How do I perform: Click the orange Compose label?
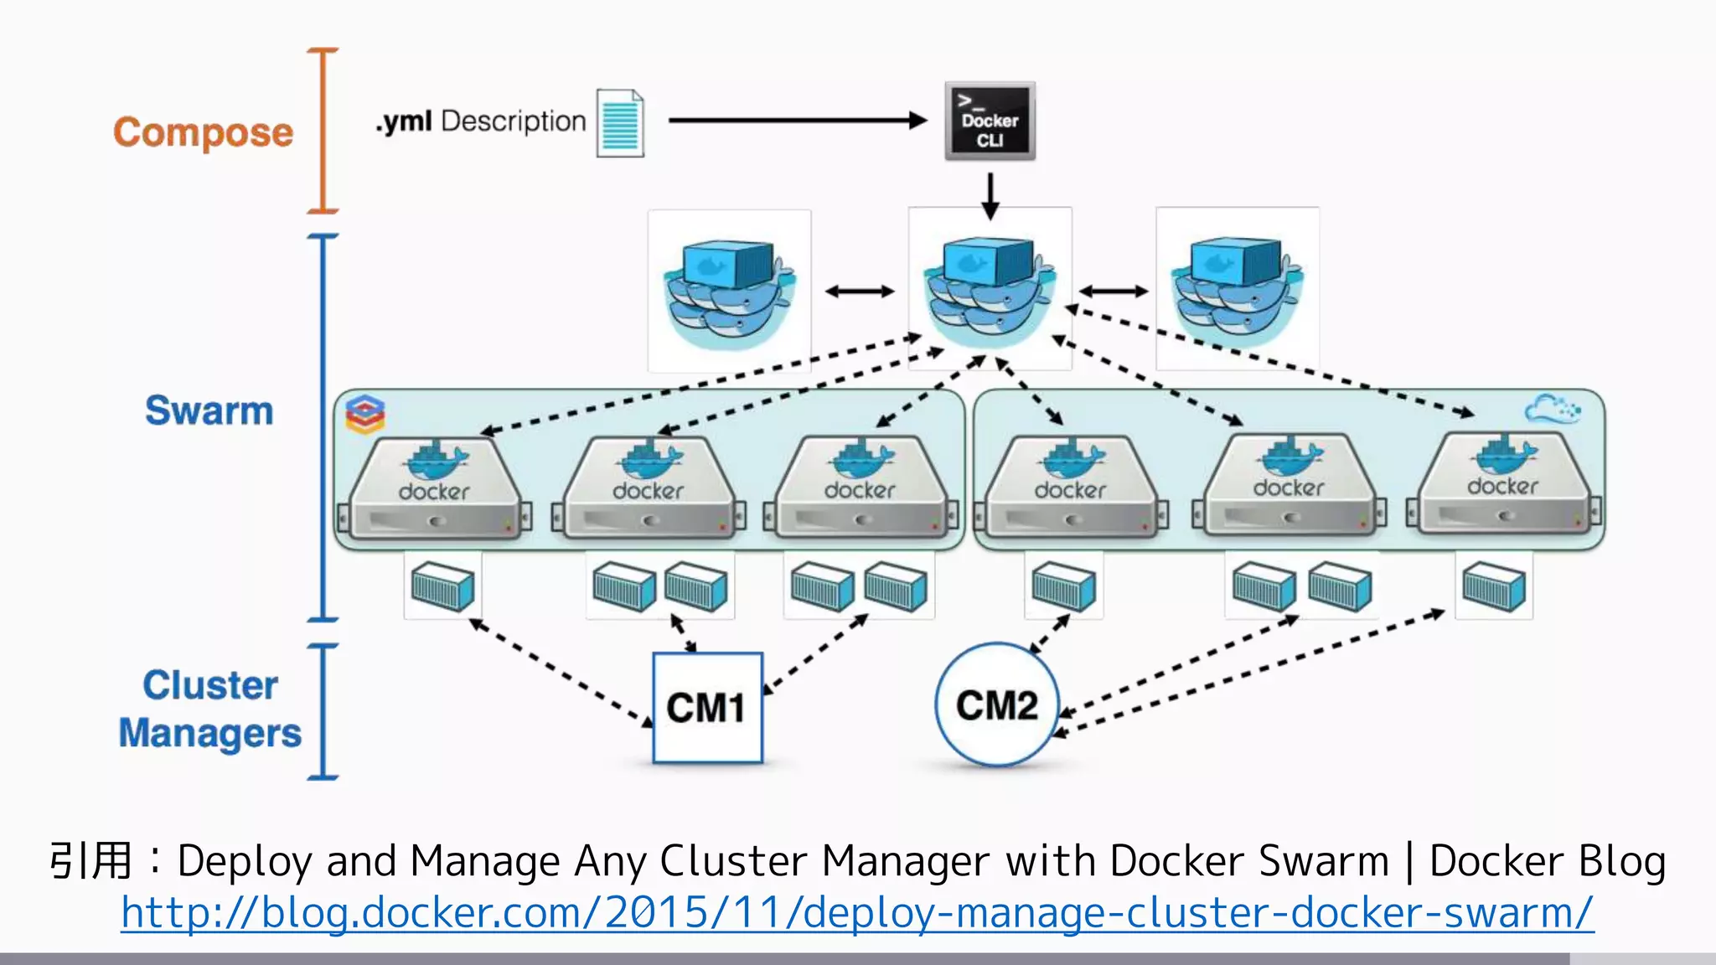(204, 132)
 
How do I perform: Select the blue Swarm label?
(209, 410)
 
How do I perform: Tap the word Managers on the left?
(209, 733)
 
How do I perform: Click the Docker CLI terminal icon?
(990, 121)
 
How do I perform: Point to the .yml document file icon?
(620, 123)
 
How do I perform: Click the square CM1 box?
(707, 708)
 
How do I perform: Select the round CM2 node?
(997, 705)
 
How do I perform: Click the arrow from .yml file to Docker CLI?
(796, 121)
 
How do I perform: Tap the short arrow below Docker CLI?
(990, 195)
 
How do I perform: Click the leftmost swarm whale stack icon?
(729, 291)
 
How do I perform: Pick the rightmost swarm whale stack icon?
(1237, 289)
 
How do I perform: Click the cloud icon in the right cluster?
(1551, 410)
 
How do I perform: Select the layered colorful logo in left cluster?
(365, 414)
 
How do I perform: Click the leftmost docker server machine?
(433, 490)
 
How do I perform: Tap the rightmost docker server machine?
(1503, 486)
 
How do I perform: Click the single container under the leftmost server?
(442, 586)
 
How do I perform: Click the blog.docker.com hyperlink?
(856, 912)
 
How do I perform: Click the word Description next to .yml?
(513, 121)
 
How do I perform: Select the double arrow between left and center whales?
(860, 292)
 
